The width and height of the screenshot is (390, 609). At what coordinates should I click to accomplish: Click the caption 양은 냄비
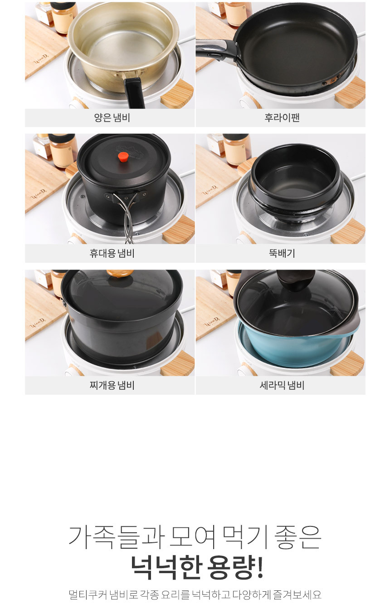112,118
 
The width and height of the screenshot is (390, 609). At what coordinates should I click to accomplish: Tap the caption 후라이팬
282,118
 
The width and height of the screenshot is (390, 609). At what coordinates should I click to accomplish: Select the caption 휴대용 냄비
112,253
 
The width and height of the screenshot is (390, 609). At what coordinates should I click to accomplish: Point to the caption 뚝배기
282,253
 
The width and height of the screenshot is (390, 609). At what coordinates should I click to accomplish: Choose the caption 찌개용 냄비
112,385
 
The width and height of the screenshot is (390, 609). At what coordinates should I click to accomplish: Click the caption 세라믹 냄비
282,385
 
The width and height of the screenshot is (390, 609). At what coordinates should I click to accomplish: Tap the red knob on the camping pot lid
123,157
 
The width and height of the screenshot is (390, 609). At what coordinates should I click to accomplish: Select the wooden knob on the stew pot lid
120,273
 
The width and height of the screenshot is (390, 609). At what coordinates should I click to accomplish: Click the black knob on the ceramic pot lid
296,280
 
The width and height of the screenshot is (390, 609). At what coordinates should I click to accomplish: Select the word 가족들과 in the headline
117,537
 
